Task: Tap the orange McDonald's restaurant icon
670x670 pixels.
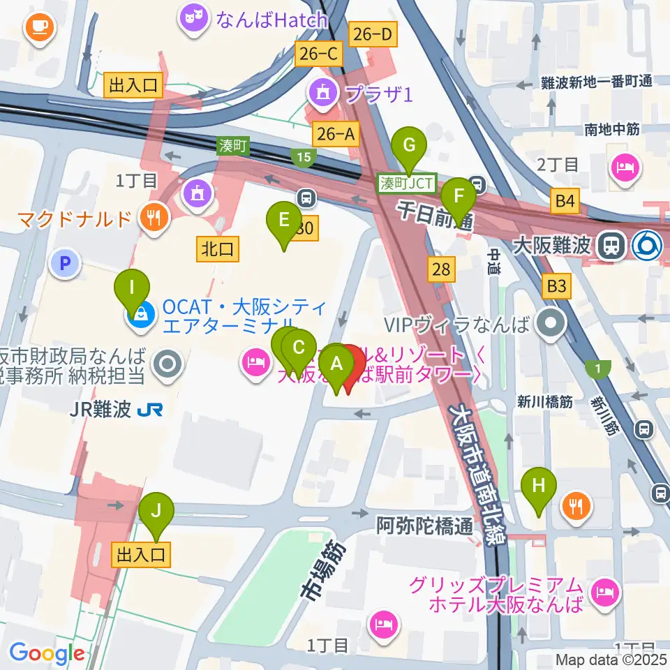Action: point(151,218)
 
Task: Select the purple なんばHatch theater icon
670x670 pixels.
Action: point(193,20)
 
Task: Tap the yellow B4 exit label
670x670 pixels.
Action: point(565,202)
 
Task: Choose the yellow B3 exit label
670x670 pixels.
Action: point(556,285)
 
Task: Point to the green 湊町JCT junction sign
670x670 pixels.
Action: point(406,184)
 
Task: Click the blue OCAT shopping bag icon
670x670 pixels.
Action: point(141,315)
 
